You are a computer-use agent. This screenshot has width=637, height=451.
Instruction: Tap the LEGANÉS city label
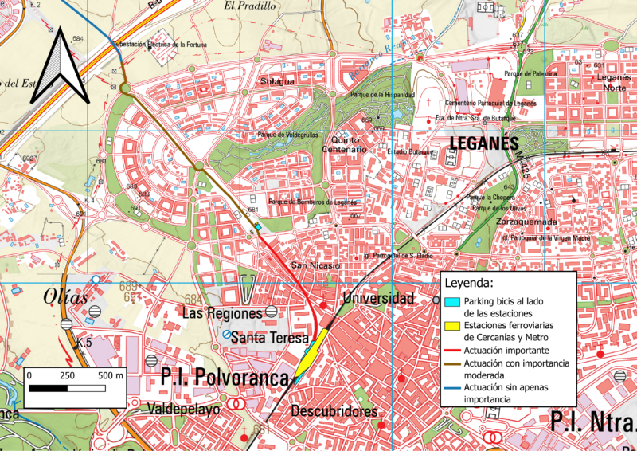point(485,143)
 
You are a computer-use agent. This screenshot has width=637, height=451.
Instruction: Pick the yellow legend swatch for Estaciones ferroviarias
point(451,325)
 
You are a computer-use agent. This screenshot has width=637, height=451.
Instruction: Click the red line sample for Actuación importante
point(451,351)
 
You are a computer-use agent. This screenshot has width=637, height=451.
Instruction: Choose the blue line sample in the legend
point(451,386)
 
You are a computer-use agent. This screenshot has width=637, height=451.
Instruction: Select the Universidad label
point(378,298)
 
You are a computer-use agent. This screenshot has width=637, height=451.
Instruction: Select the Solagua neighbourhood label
point(277,81)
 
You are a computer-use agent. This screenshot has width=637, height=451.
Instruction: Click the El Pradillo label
point(249,6)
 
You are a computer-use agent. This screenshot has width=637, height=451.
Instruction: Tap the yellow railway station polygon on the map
point(312,351)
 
